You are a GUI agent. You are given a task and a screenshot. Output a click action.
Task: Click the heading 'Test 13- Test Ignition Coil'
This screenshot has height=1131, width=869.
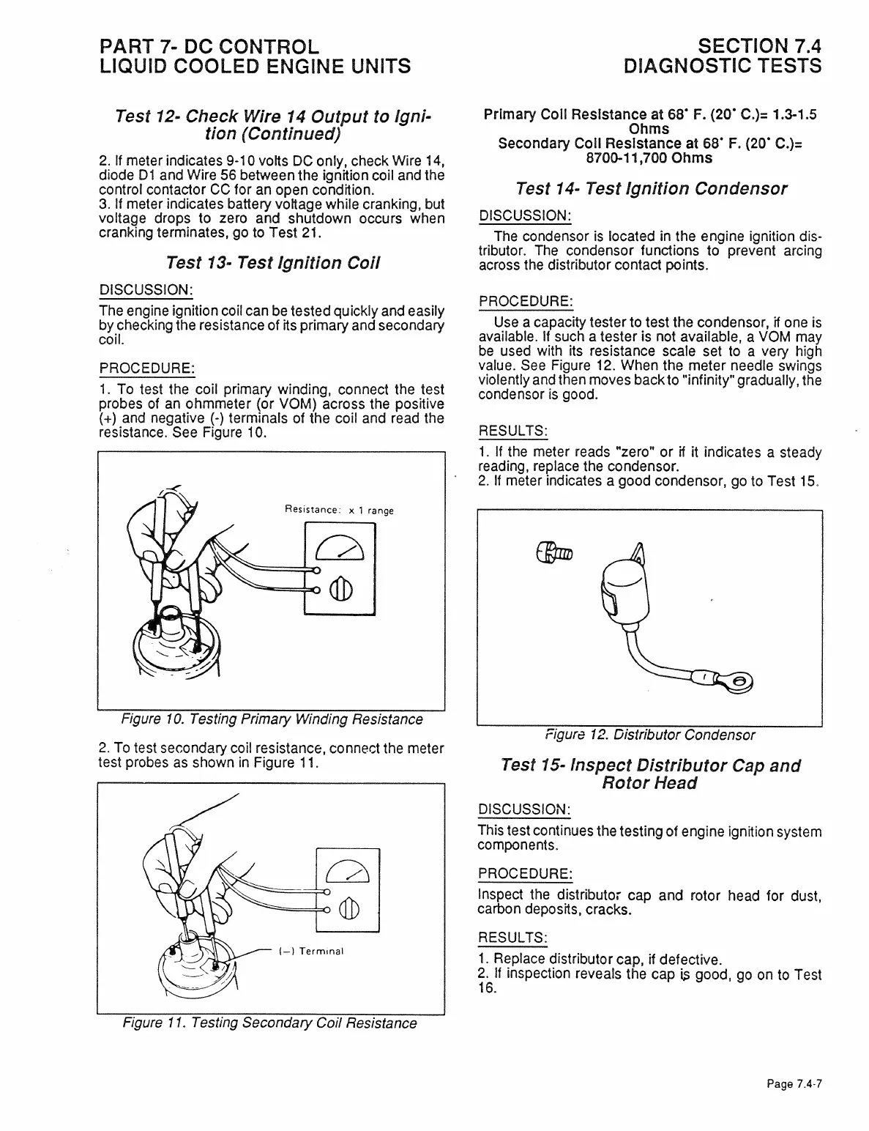272,262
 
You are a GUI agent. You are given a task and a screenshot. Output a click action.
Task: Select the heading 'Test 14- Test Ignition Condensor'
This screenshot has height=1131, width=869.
651,189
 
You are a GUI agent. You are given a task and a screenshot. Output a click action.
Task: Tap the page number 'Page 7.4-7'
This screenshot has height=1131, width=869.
794,1084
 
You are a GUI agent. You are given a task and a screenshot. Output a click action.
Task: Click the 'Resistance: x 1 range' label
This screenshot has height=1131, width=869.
338,510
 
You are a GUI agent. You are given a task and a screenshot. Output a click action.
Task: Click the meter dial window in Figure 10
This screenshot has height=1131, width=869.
339,546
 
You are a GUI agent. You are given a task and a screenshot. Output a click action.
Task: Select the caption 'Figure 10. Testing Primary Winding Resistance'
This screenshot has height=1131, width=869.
272,719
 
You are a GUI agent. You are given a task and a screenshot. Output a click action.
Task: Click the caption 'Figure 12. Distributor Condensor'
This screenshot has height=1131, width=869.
649,735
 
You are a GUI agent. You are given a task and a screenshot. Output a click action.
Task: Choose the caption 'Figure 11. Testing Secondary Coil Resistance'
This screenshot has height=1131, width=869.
269,1023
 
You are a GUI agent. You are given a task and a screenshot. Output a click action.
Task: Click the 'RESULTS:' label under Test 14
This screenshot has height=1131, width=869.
513,430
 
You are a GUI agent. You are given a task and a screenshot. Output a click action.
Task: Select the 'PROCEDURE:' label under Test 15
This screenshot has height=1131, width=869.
524,874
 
